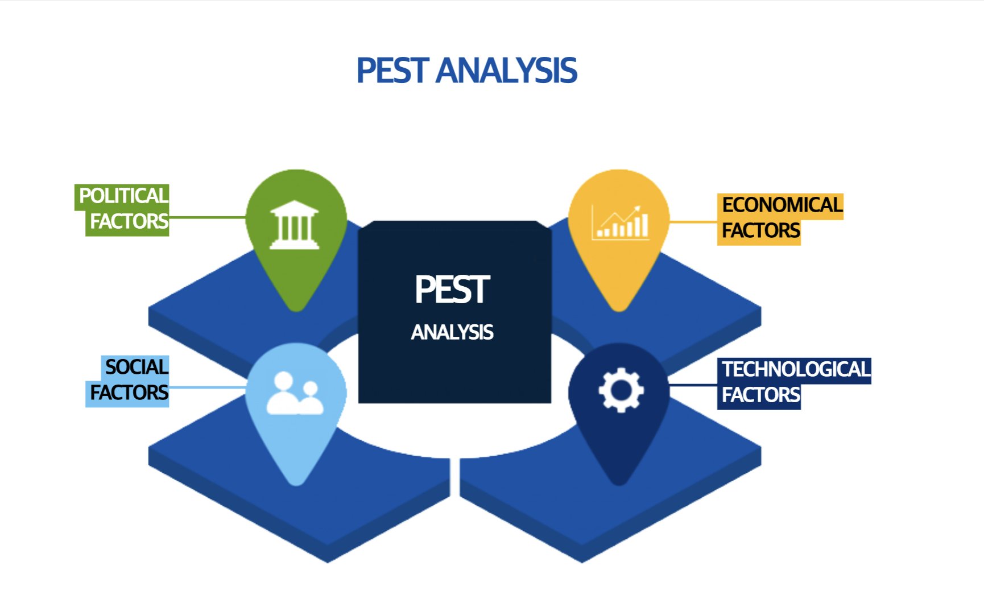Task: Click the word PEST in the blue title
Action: click(392, 71)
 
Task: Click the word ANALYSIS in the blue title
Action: click(506, 71)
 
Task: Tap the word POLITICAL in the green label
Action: click(123, 196)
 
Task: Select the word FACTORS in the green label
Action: click(129, 221)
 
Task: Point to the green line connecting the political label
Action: click(207, 217)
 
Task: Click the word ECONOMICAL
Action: click(782, 205)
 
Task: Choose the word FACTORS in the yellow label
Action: click(761, 230)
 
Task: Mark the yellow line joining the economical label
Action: click(693, 221)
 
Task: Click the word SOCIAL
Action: click(137, 367)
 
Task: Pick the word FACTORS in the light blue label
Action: click(129, 393)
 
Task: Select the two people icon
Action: click(295, 393)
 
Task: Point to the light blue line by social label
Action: click(207, 387)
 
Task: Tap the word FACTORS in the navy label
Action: click(761, 395)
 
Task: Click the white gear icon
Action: click(621, 390)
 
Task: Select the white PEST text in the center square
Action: click(452, 290)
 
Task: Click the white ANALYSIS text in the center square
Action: click(452, 332)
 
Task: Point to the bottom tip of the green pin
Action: click(296, 311)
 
